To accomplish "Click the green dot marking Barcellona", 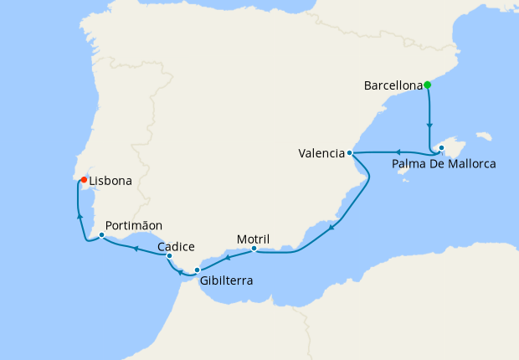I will point(427,85).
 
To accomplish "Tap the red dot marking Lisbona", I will point(84,179).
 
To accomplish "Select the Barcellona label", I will point(393,85).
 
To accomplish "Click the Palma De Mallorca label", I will point(444,164).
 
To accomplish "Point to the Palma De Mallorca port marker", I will point(441,148).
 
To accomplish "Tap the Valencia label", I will point(321,153).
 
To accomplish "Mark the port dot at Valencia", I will point(350,153).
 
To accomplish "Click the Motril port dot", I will point(254,248).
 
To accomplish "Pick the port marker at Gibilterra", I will point(198,270).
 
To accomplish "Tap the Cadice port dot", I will point(170,256).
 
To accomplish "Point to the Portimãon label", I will point(134,225).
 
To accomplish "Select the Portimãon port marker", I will point(101,234).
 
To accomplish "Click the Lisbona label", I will point(110,180).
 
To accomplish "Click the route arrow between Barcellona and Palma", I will point(430,126).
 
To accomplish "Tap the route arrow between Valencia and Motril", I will point(332,227).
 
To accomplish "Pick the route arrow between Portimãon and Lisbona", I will point(80,216).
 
